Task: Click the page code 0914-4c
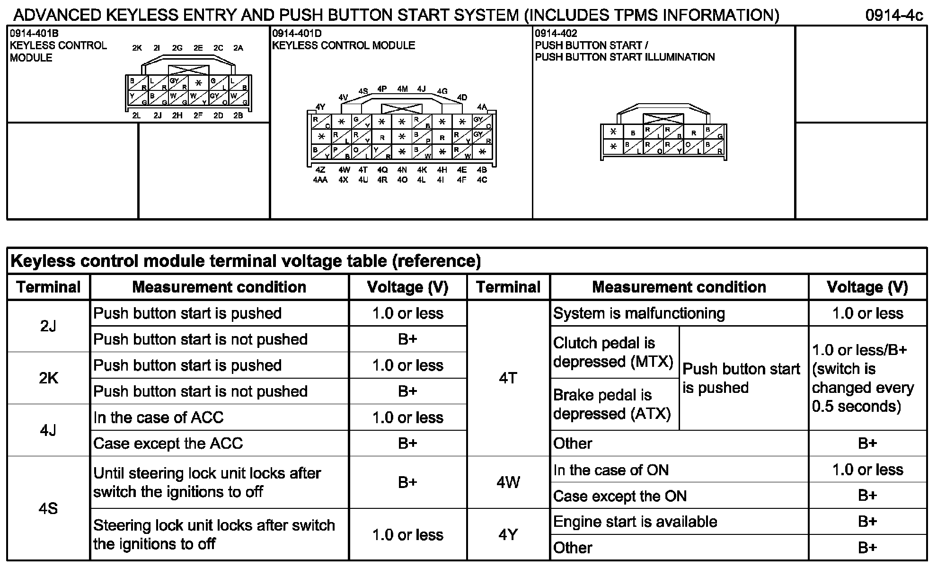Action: (x=894, y=16)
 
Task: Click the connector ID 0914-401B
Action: (x=34, y=33)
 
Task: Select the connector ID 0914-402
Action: (x=556, y=33)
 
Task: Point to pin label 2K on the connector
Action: (x=137, y=48)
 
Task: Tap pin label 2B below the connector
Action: (x=238, y=115)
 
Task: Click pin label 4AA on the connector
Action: (x=320, y=180)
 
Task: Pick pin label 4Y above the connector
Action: (x=320, y=107)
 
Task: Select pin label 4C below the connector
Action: (x=482, y=180)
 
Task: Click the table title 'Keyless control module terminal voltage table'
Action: (x=246, y=261)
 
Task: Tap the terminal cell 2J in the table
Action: (x=48, y=326)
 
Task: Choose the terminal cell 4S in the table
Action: (x=48, y=508)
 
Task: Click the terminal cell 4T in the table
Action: (x=508, y=378)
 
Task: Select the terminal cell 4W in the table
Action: (x=508, y=482)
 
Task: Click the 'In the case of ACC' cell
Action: (x=159, y=417)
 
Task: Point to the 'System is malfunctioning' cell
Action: (x=639, y=313)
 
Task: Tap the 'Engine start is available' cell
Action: (x=635, y=522)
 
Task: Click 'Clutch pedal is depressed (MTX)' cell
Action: (x=613, y=352)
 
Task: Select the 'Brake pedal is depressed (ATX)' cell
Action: (x=612, y=404)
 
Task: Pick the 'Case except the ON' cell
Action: (x=620, y=496)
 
